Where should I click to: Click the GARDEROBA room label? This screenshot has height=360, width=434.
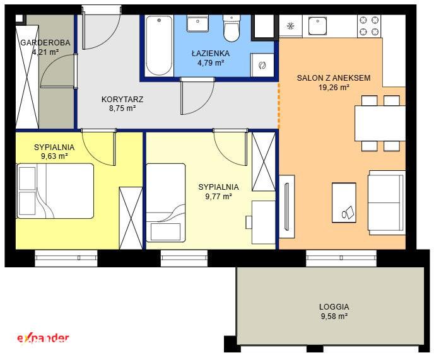point(45,43)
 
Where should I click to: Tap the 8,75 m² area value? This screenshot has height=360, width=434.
point(122,108)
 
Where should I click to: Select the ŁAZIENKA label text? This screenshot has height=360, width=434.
point(211,54)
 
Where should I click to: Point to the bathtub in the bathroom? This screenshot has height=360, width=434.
point(159,45)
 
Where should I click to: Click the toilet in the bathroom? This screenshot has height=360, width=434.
point(232,28)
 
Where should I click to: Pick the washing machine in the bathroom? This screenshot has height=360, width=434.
point(262,66)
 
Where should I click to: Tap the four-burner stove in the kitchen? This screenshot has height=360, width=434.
point(369,26)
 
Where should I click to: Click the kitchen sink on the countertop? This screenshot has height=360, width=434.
point(318,25)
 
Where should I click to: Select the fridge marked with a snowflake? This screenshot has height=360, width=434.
point(290,26)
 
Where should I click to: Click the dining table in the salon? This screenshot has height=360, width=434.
point(380,124)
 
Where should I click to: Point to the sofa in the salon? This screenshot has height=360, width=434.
point(387,202)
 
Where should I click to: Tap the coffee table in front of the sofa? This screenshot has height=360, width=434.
point(344,202)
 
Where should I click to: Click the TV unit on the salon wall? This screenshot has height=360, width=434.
point(287,206)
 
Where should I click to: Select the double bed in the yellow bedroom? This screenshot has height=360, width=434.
point(55,191)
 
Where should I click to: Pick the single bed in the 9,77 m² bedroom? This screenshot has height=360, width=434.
point(165,203)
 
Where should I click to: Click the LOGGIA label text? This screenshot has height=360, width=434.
point(334,307)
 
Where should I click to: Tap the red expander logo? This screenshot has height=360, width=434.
point(43,338)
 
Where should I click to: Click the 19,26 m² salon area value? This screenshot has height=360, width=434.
point(334,88)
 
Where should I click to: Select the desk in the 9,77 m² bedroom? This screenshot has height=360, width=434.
point(264,223)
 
